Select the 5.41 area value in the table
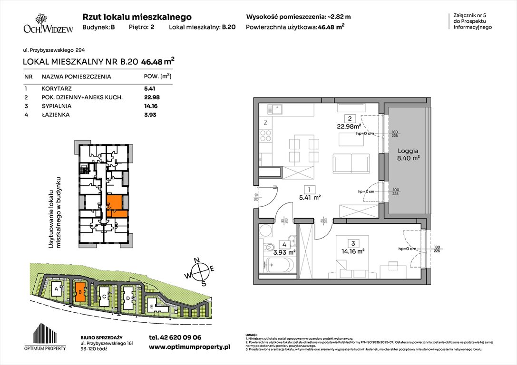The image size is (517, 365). click(150, 88)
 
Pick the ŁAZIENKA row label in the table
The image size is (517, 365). click(56, 115)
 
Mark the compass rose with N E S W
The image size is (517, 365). click(202, 271)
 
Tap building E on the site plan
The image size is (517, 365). click(151, 306)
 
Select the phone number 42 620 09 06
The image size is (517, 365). click(175, 337)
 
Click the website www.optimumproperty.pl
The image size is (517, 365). click(189, 347)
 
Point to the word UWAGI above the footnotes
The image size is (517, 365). click(252, 335)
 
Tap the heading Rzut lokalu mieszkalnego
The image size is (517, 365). click(137, 17)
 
